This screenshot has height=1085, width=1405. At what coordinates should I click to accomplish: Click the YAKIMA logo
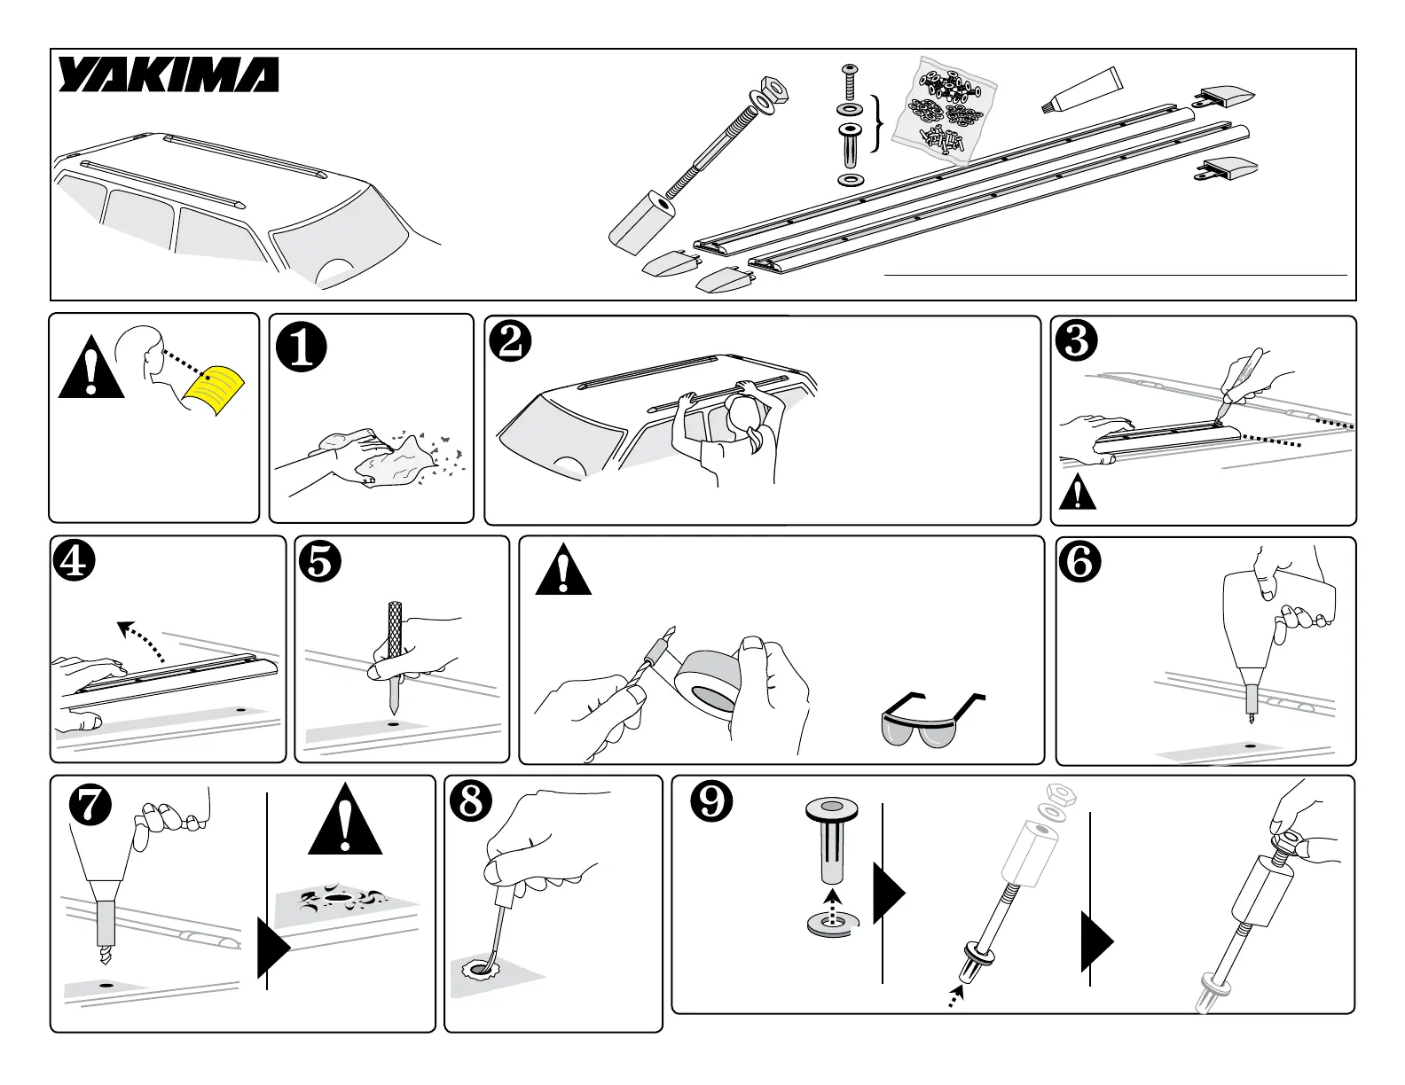(x=169, y=75)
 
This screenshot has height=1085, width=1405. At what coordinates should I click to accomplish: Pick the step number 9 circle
(x=711, y=801)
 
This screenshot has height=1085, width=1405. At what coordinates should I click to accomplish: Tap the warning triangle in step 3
(x=1077, y=492)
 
